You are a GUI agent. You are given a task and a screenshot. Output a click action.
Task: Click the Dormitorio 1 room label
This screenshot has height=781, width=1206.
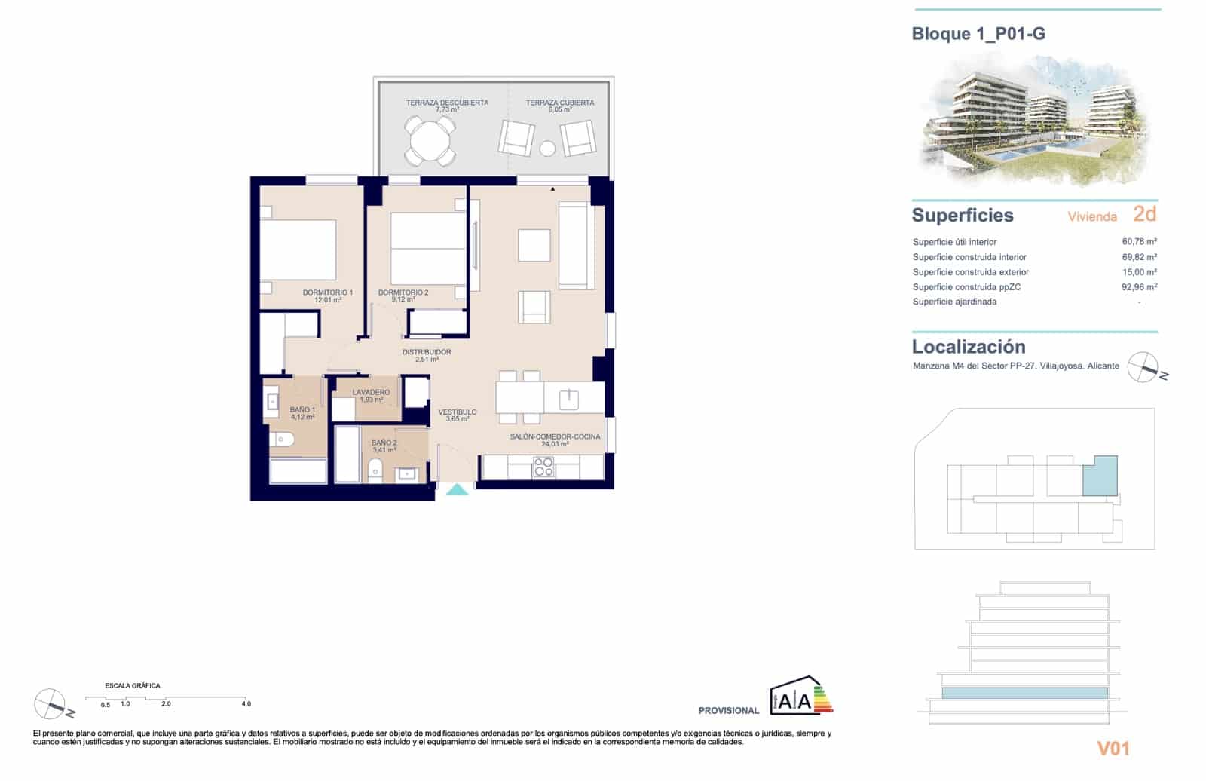point(327,292)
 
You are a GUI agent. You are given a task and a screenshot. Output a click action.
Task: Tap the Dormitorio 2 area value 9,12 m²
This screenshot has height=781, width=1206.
point(403,299)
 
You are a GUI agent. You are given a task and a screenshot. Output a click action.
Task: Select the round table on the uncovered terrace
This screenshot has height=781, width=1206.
point(430,139)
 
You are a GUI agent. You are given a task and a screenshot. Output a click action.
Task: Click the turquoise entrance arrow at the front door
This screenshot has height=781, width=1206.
point(457,490)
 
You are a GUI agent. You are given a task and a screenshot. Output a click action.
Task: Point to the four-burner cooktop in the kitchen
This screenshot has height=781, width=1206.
point(543,467)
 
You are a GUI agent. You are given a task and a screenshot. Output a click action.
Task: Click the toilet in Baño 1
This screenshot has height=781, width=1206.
point(282,439)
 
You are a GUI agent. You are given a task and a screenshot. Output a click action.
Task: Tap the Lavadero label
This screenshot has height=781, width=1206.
point(371,392)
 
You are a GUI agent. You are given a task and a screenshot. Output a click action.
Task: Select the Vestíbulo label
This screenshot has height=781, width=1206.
point(458,412)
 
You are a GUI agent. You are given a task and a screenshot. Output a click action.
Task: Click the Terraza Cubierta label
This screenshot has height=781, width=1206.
point(560,103)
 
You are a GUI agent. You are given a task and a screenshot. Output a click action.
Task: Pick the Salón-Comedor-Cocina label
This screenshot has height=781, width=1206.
point(555,436)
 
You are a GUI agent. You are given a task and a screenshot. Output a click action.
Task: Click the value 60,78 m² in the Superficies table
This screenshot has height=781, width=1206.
point(1139,242)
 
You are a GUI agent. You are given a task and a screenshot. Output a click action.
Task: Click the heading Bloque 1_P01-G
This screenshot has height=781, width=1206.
point(978,34)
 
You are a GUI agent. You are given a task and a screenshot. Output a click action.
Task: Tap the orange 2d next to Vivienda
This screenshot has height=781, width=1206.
point(1144,214)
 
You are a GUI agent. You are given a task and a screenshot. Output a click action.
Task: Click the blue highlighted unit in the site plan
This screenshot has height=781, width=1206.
point(1100,475)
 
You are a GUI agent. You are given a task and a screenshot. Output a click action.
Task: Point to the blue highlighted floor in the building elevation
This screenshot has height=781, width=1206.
point(1024,693)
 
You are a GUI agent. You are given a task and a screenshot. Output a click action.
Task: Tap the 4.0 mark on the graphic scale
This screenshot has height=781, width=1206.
point(246,703)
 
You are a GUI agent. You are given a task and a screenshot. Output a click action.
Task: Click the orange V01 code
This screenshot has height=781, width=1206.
point(1113,748)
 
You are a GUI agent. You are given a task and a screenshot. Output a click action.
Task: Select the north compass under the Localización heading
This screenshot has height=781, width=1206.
point(1143,367)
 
